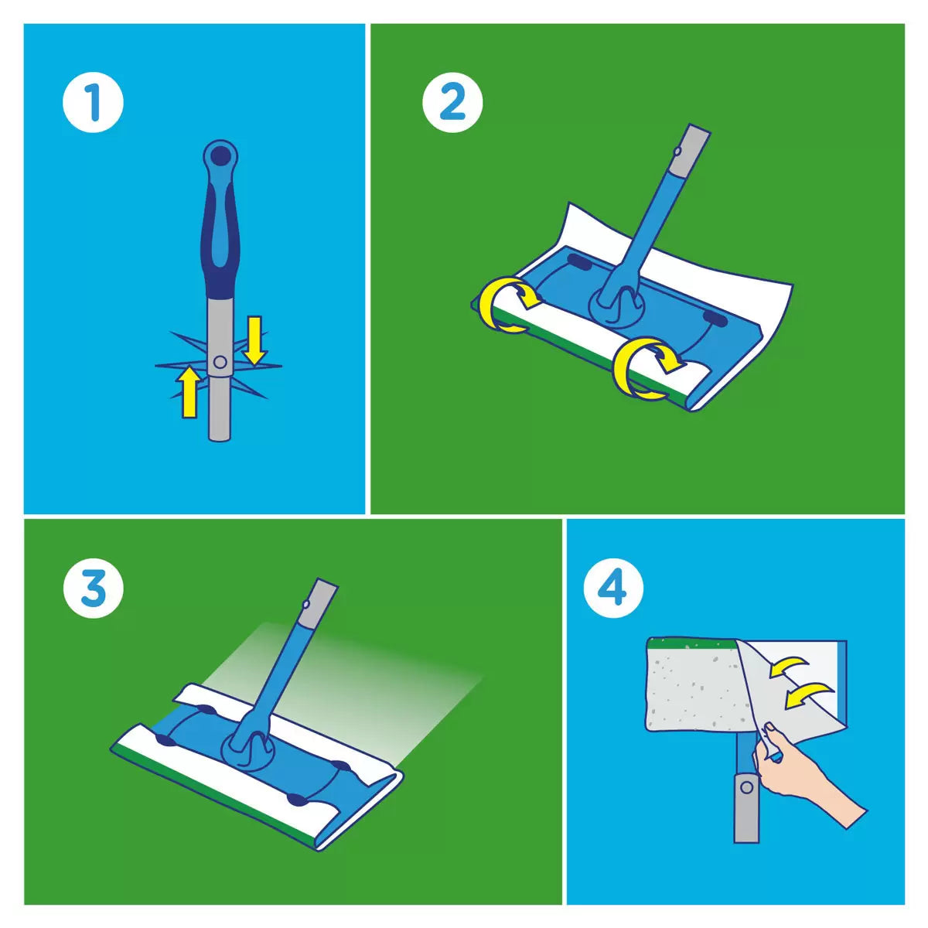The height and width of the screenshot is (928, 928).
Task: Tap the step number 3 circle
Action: pyautogui.click(x=93, y=589)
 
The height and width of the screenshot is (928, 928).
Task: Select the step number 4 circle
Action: pyautogui.click(x=612, y=589)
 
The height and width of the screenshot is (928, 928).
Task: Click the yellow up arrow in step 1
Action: pyautogui.click(x=188, y=391)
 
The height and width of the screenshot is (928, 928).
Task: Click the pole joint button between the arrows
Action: pyautogui.click(x=220, y=361)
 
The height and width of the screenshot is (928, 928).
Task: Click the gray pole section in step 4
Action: pyautogui.click(x=745, y=804)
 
